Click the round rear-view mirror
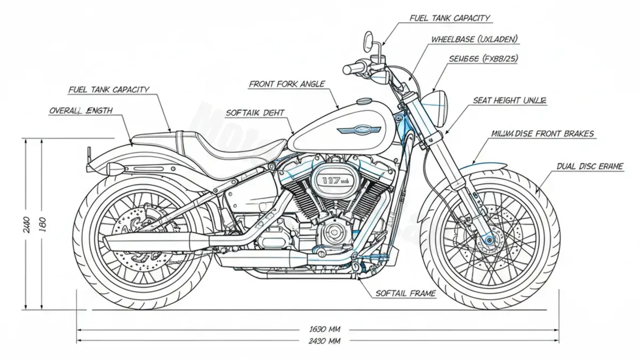click(x=369, y=39)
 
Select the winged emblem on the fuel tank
click(x=358, y=130)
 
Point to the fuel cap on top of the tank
click(x=365, y=101)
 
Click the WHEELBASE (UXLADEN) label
click(x=474, y=39)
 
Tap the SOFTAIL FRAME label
click(x=405, y=293)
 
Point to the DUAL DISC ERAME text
click(x=590, y=166)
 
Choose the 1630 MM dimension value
click(x=321, y=329)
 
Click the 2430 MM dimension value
click(x=321, y=341)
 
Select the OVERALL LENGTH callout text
click(x=81, y=110)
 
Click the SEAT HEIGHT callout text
click(x=509, y=100)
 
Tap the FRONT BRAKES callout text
click(x=542, y=134)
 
